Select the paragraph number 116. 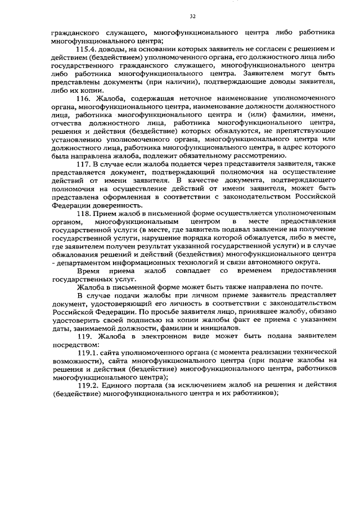(84, 98)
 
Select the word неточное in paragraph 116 (186, 98)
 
